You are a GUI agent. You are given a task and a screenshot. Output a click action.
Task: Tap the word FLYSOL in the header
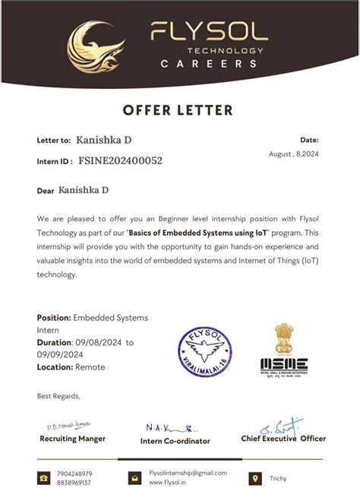coord(209,31)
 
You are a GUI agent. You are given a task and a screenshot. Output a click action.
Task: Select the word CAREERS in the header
coord(209,64)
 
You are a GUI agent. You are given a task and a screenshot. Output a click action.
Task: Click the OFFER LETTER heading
coord(179,110)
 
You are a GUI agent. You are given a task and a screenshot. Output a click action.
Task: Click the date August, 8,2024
coord(294,154)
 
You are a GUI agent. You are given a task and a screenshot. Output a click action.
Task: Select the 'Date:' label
coord(309,140)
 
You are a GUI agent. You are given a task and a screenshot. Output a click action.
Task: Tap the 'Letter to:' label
coord(54,141)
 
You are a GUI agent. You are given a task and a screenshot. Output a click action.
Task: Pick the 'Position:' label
coord(54,318)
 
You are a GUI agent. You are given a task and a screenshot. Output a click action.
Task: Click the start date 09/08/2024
coord(98,343)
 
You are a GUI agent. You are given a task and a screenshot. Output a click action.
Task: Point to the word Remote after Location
coord(90,367)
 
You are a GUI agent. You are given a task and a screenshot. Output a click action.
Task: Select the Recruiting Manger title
coord(72,439)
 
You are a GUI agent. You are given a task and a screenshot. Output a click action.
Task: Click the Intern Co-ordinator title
coord(175,441)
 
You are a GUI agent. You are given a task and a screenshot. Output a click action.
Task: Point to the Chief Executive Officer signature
coord(282,426)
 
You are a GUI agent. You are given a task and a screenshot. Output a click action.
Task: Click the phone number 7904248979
coord(74,474)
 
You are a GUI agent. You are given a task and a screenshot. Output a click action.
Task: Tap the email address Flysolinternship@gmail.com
coord(188,473)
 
